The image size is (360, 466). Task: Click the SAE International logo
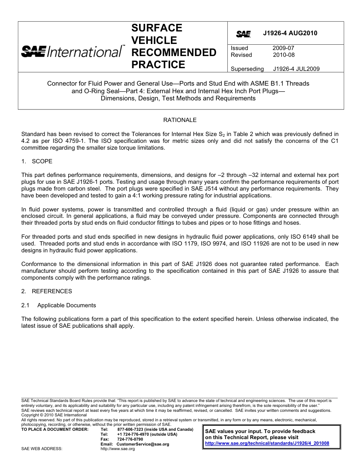coord(72,51)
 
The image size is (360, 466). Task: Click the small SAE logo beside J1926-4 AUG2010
coord(243,34)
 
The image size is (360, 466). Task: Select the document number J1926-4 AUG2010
coord(290,33)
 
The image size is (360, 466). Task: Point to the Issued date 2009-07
coord(283,48)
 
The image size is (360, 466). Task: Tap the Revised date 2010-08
coord(283,55)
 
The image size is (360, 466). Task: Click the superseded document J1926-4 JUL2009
coord(296,69)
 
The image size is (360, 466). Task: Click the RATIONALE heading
coord(180,120)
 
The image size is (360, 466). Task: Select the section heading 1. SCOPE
coord(37,161)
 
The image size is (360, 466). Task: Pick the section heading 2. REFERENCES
coord(47,291)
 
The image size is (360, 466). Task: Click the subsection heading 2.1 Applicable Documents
coord(59,305)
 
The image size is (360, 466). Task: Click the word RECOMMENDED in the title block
coord(174,52)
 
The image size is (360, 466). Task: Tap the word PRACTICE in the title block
coord(158,65)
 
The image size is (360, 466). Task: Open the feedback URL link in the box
coord(267,443)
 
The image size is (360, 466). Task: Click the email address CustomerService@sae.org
coord(142,444)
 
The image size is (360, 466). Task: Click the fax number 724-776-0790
coord(130,439)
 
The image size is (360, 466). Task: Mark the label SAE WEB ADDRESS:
coord(42,449)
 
